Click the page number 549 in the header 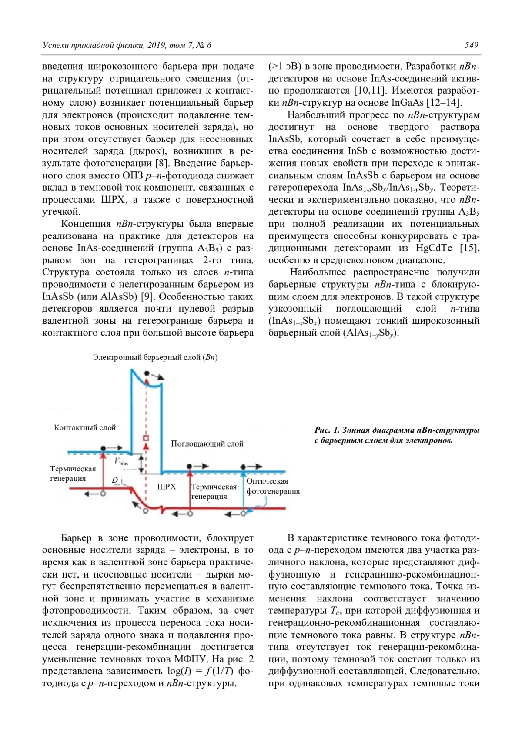(x=471, y=45)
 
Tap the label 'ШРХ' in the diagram (x=167, y=487)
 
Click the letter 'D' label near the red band (x=115, y=480)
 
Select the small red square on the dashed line (x=146, y=437)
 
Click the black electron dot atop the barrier (x=147, y=373)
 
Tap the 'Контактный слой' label (x=85, y=427)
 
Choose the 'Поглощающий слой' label (x=207, y=444)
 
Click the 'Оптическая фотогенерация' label (x=273, y=486)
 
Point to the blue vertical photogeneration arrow (x=244, y=490)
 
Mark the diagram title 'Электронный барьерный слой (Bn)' (x=155, y=357)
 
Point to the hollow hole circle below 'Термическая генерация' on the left (x=103, y=494)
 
